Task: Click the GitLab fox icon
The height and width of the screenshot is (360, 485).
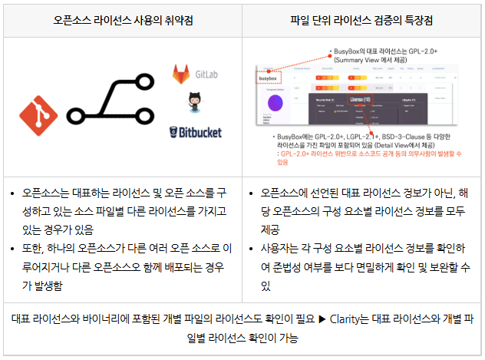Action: (x=181, y=76)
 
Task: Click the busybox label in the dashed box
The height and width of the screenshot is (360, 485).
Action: (x=269, y=78)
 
